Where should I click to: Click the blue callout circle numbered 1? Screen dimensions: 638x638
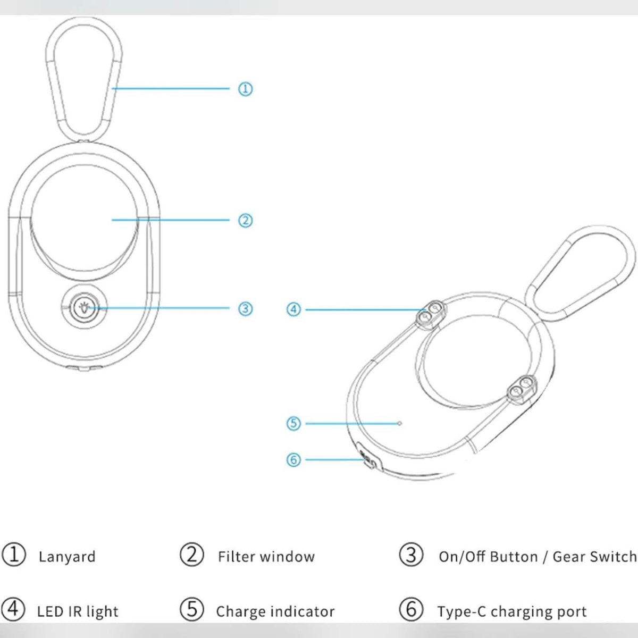(x=245, y=89)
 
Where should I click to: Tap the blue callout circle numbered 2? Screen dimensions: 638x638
(x=245, y=220)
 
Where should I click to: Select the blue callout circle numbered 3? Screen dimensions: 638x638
(x=245, y=308)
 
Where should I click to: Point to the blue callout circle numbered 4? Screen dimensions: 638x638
(x=293, y=309)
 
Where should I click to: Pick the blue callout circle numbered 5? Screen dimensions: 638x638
(x=293, y=423)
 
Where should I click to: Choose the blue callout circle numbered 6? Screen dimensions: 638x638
(x=293, y=460)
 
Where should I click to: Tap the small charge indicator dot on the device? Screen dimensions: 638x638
(x=400, y=423)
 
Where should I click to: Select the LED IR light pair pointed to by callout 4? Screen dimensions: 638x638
(x=430, y=314)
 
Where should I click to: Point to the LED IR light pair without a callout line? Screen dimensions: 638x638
(x=522, y=388)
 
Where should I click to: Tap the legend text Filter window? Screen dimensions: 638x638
(x=266, y=557)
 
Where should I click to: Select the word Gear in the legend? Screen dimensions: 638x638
(x=567, y=557)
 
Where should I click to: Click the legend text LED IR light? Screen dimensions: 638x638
(x=78, y=611)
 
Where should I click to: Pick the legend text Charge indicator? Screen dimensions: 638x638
(x=275, y=611)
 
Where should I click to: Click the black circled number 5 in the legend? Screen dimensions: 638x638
(x=192, y=609)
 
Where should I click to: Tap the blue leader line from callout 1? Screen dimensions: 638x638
(x=171, y=88)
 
